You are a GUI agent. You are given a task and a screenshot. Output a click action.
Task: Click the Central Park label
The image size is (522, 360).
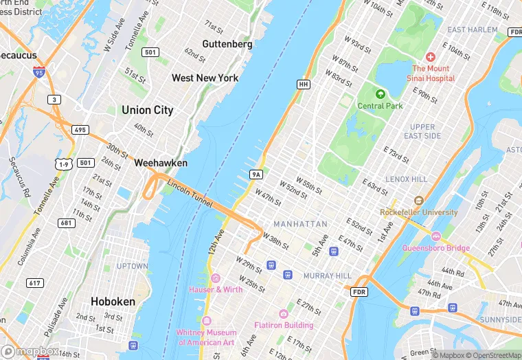pyautogui.click(x=380, y=106)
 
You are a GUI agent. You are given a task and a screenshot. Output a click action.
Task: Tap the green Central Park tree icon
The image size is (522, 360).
pyautogui.click(x=380, y=93)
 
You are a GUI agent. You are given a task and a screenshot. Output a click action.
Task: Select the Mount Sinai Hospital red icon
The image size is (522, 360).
pyautogui.click(x=431, y=57)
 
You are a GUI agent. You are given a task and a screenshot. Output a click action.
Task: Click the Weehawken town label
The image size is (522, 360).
pyautogui.click(x=161, y=164)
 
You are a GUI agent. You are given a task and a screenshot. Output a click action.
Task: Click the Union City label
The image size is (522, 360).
pyautogui.click(x=147, y=110)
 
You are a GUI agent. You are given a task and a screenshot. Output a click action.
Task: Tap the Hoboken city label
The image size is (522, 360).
pyautogui.click(x=113, y=301)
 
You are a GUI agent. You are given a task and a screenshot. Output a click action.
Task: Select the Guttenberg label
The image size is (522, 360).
pyautogui.click(x=227, y=44)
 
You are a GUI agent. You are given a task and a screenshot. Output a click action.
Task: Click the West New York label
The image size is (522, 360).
pyautogui.click(x=205, y=78)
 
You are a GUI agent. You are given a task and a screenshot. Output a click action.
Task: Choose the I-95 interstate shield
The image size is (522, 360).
pyautogui.click(x=38, y=71)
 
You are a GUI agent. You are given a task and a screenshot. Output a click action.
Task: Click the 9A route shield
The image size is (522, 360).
pyautogui.click(x=257, y=175)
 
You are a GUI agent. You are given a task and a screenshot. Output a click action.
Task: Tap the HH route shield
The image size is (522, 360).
pyautogui.click(x=303, y=84)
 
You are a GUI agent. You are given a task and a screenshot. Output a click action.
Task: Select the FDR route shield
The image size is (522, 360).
pyautogui.click(x=359, y=292)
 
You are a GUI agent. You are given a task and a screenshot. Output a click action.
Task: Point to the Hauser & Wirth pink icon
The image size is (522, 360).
pyautogui.click(x=216, y=278)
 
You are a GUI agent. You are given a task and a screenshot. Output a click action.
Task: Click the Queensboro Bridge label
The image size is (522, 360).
pyautogui.click(x=436, y=248)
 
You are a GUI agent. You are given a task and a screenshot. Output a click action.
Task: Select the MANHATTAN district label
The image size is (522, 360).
pyautogui.click(x=300, y=224)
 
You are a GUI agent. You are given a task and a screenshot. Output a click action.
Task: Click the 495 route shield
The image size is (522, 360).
pyautogui.click(x=80, y=130)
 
